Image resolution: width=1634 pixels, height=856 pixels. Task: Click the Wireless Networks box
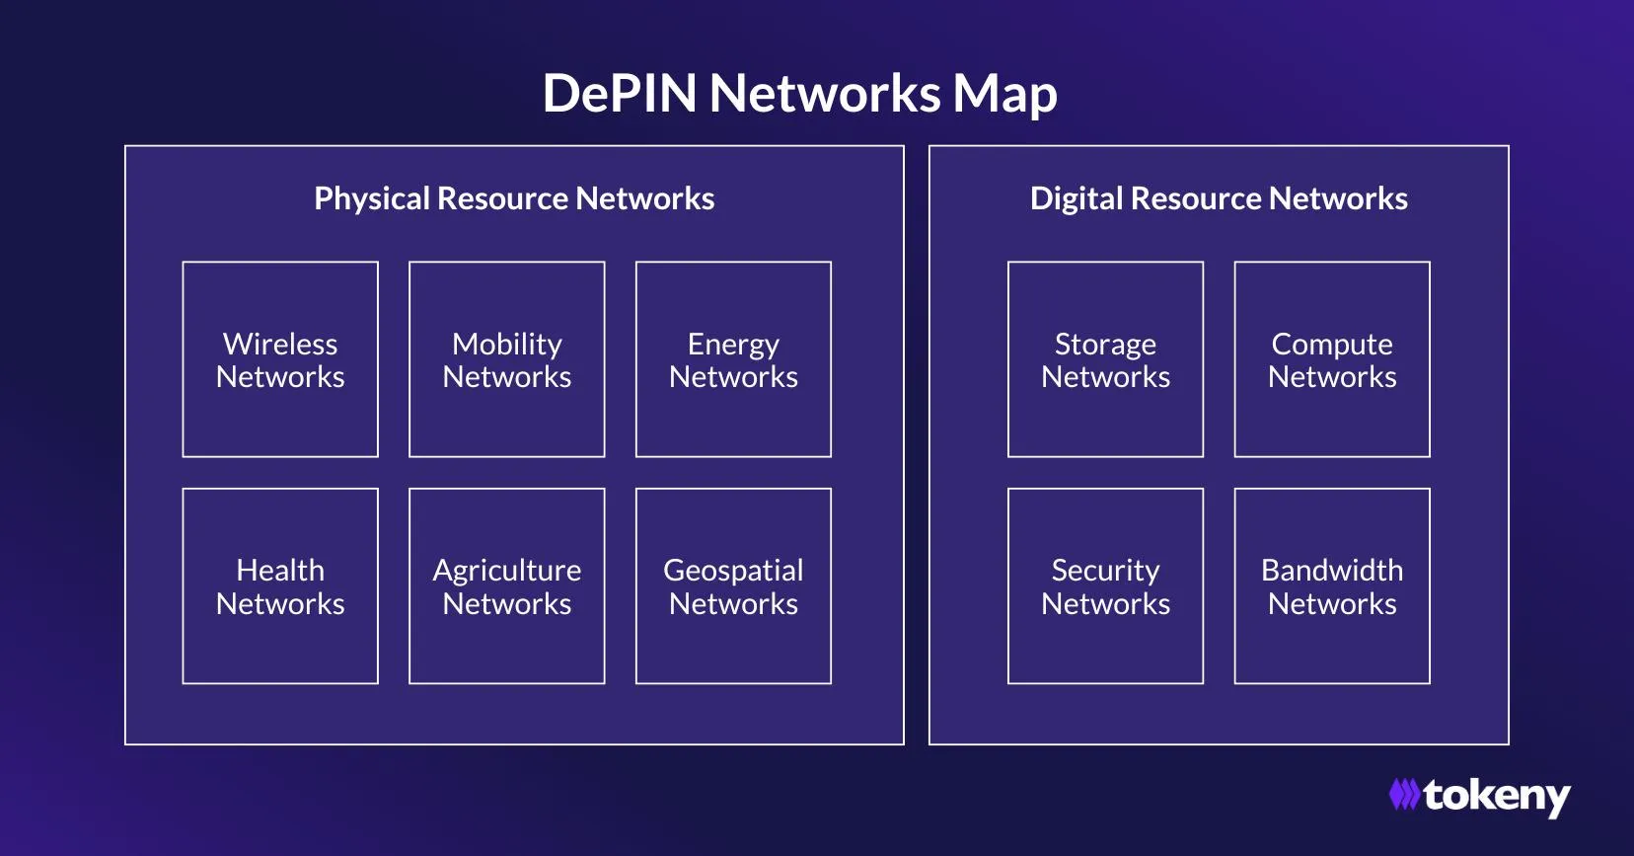pyautogui.click(x=280, y=359)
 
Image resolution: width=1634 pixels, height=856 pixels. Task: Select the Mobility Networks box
pyautogui.click(x=507, y=359)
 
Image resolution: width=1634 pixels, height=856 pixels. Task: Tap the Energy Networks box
pyautogui.click(x=733, y=359)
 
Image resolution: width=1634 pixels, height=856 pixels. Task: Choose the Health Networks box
pyautogui.click(x=280, y=586)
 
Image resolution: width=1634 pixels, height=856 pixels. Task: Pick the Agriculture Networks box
pyautogui.click(x=507, y=586)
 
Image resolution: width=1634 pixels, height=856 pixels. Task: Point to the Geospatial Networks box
pyautogui.click(x=733, y=586)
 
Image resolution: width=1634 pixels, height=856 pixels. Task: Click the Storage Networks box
pyautogui.click(x=1105, y=359)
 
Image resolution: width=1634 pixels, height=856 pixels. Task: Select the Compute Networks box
pyautogui.click(x=1332, y=359)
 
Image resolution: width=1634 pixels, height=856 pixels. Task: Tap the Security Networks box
pyautogui.click(x=1105, y=586)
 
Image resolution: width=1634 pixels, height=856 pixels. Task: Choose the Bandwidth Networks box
pyautogui.click(x=1332, y=586)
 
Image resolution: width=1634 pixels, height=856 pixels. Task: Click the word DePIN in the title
pyautogui.click(x=620, y=94)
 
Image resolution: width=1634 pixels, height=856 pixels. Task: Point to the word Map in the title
pyautogui.click(x=1005, y=96)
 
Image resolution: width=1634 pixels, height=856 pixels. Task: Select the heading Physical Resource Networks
pyautogui.click(x=514, y=198)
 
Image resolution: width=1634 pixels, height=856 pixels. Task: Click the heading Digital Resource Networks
pyautogui.click(x=1219, y=198)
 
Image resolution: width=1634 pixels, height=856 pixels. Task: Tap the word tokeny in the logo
pyautogui.click(x=1497, y=796)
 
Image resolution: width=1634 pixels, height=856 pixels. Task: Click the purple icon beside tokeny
pyautogui.click(x=1404, y=795)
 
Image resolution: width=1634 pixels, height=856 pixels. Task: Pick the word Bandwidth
pyautogui.click(x=1332, y=570)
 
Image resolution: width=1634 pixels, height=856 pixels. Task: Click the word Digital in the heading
pyautogui.click(x=1076, y=198)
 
